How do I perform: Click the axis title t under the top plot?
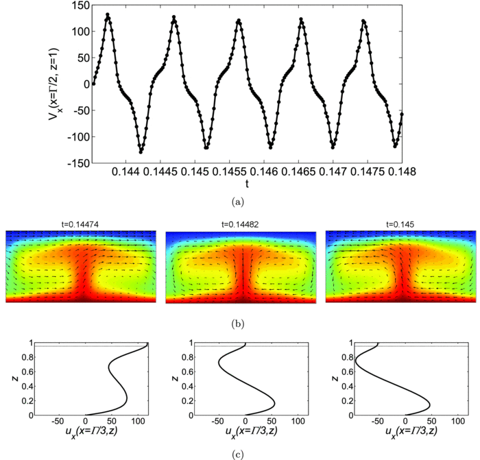point(246,184)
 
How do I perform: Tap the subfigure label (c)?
point(241,452)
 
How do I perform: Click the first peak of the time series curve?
point(108,14)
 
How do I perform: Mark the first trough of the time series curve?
point(141,152)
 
